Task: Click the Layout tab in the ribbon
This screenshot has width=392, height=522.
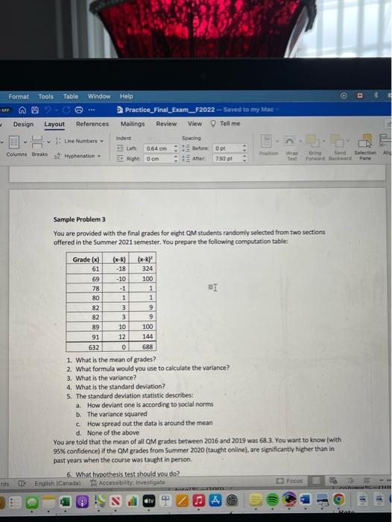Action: coord(54,124)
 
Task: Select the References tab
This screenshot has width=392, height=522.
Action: coord(92,124)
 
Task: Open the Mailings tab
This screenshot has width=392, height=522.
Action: coord(133,124)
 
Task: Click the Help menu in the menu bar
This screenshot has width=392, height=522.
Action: coord(126,96)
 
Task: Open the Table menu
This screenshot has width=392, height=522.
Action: coord(70,96)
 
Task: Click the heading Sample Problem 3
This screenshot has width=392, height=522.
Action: coord(79,220)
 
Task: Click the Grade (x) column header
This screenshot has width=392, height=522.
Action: coord(86,259)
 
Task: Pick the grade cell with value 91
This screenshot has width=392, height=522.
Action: coord(86,336)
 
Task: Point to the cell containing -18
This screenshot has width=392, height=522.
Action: coord(118,268)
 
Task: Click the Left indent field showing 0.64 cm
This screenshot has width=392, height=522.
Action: coord(158,148)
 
